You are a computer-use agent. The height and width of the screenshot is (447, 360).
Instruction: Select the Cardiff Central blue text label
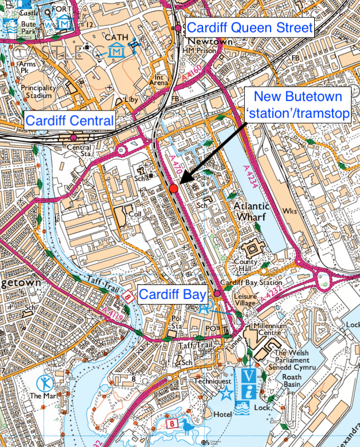tap(70, 120)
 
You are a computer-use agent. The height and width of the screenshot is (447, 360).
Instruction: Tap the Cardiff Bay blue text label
tap(173, 294)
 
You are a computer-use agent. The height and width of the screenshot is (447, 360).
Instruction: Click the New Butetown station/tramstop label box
tap(300, 105)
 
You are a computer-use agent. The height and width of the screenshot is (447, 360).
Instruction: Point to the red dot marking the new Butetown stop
tap(174, 189)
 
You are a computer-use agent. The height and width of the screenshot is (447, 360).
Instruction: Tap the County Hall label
tap(250, 266)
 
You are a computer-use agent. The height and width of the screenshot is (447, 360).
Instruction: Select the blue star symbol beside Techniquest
tap(226, 395)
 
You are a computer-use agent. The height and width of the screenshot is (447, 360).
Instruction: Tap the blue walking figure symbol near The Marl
tap(45, 383)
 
